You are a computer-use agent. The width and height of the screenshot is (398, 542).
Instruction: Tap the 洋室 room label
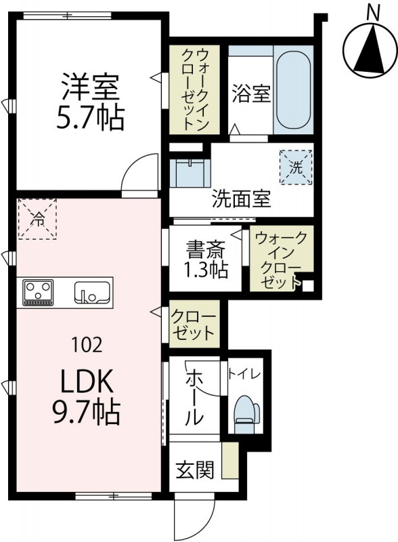[90, 89]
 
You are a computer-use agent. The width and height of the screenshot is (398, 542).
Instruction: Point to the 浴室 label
[251, 93]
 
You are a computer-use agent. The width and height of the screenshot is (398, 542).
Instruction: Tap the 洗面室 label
[241, 199]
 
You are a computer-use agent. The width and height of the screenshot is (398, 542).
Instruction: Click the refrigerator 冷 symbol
[39, 218]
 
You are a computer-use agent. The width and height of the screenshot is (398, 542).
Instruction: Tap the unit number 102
[87, 345]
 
